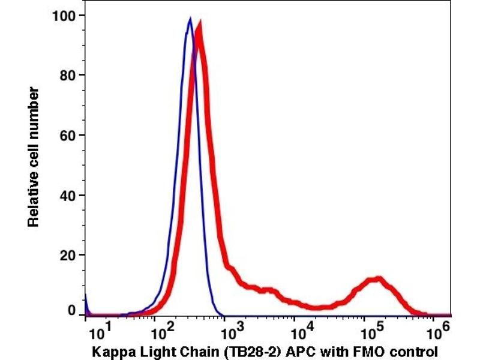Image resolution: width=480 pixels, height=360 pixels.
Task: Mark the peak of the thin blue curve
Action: click(190, 19)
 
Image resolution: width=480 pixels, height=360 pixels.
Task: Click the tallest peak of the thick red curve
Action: click(199, 24)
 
